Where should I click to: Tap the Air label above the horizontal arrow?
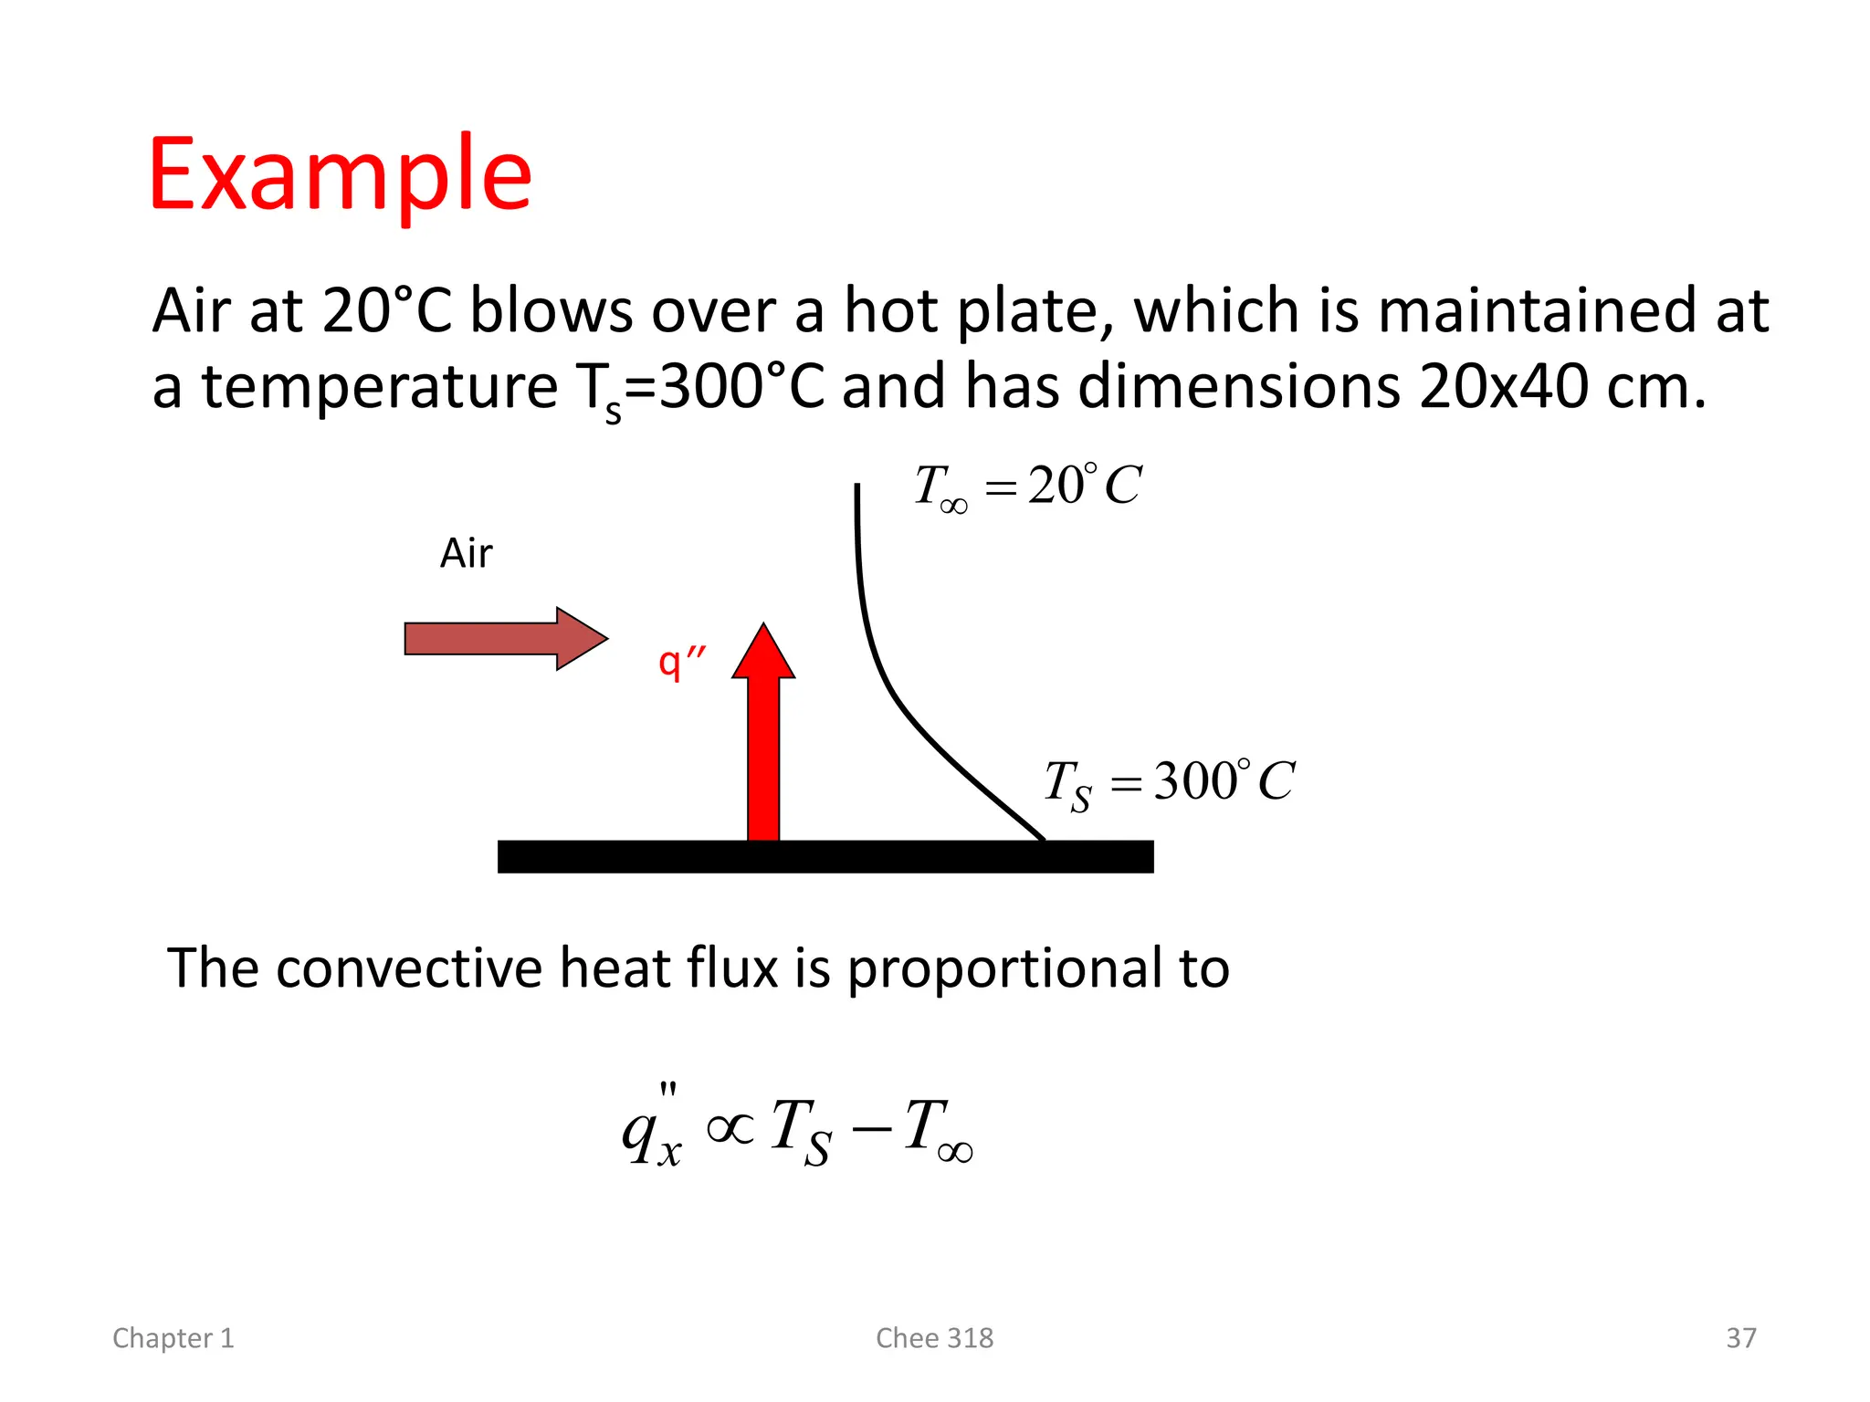pyautogui.click(x=466, y=553)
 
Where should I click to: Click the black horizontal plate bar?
pyautogui.click(x=825, y=856)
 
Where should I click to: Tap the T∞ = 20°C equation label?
pyautogui.click(x=1027, y=486)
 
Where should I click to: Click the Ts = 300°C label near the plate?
pyautogui.click(x=1169, y=783)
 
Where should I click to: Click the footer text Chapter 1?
pyautogui.click(x=173, y=1338)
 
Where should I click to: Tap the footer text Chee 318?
pyautogui.click(x=934, y=1338)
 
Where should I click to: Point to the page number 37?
pyautogui.click(x=1740, y=1338)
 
